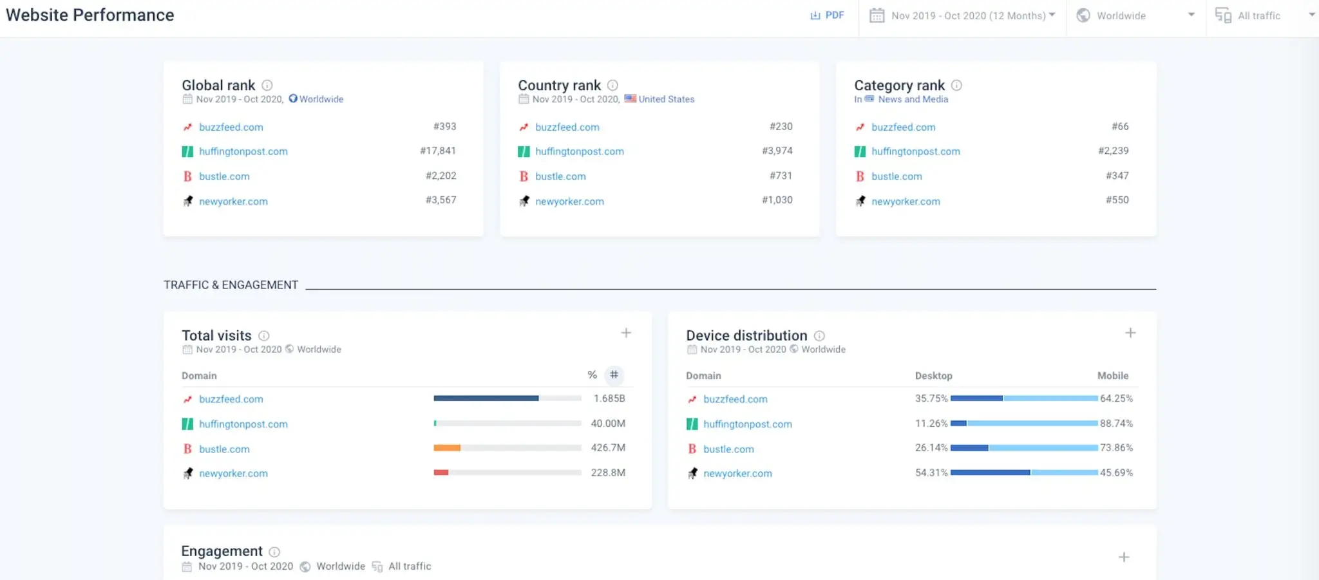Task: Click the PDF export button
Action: coord(827,15)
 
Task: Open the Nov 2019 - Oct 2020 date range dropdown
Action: coord(963,15)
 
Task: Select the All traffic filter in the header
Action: coord(1258,15)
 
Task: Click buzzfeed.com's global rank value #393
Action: coord(444,127)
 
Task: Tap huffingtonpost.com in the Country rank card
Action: coord(579,151)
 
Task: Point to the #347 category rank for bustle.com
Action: coord(1117,176)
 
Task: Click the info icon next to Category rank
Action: coord(956,85)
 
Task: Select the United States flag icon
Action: coord(630,98)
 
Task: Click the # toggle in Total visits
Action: coord(614,375)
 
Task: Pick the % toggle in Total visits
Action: coord(592,375)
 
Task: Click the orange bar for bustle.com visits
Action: coord(447,448)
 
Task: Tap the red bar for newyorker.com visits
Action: coord(441,472)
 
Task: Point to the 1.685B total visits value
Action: coord(609,398)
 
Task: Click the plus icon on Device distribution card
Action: coord(1130,333)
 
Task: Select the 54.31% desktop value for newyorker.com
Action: coord(931,472)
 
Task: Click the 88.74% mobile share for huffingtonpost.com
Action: coord(1116,424)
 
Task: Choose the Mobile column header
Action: coord(1112,376)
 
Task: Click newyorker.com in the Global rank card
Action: coord(233,201)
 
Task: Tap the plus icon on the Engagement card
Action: coord(1123,557)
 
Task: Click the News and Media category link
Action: coord(913,99)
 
